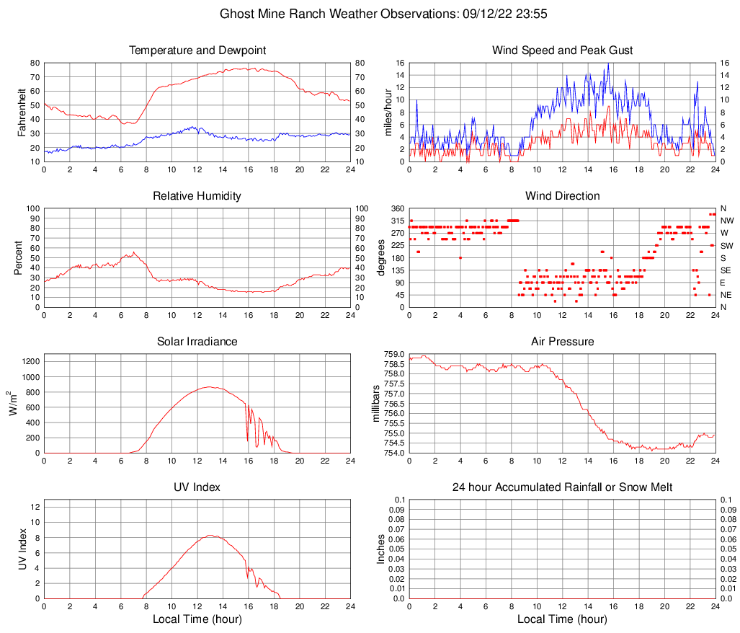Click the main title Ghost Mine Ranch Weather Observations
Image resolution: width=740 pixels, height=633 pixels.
[x=370, y=14]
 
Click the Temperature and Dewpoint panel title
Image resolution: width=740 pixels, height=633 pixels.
[x=197, y=50]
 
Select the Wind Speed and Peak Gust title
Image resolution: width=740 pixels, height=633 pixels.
[x=562, y=50]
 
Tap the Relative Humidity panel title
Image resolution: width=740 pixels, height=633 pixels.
[x=197, y=196]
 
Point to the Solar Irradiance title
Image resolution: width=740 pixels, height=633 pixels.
[x=197, y=342]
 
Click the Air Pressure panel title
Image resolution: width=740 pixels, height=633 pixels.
[x=562, y=342]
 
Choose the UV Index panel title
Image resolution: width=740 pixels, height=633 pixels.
[x=197, y=487]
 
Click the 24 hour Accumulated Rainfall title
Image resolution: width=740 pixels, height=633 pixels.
[x=562, y=487]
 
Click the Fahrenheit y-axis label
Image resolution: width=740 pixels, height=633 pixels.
[x=22, y=112]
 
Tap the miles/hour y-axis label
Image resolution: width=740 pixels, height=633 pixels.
[x=387, y=112]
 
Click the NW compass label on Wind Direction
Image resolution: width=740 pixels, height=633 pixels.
[x=726, y=221]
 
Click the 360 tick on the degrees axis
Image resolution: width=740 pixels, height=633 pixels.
[x=397, y=208]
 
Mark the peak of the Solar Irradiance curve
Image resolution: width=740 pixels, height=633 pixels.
[x=210, y=386]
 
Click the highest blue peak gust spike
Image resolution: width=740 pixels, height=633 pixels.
[x=609, y=63]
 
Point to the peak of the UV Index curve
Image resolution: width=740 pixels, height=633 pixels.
[x=210, y=535]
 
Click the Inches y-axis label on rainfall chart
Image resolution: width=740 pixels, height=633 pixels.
[x=382, y=549]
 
